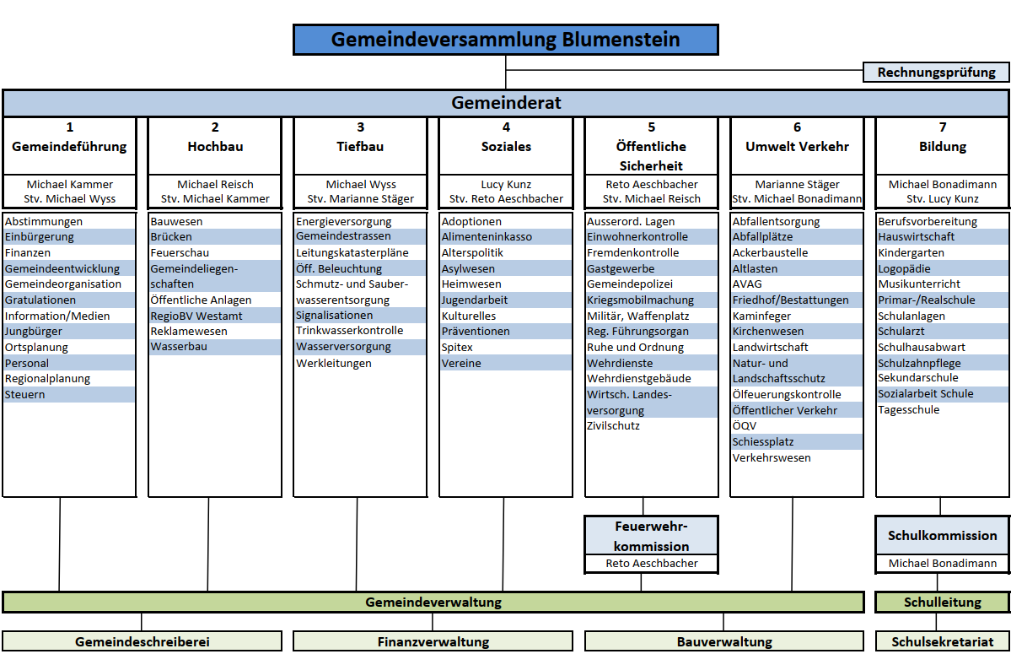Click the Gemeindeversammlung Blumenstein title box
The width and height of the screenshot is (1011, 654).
(x=505, y=40)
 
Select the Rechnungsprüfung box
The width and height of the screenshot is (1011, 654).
(x=936, y=73)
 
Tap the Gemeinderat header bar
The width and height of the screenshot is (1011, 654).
(x=506, y=103)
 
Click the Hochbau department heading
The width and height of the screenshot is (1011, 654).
(x=215, y=146)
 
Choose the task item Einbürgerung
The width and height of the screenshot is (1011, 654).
(x=40, y=237)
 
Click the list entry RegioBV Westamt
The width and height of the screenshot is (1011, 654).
(x=196, y=316)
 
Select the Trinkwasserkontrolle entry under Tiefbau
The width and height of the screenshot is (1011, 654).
(x=350, y=331)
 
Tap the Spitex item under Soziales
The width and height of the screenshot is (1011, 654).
(x=457, y=347)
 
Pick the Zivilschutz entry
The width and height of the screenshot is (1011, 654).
(x=613, y=426)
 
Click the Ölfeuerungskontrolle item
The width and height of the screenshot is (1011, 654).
(x=787, y=394)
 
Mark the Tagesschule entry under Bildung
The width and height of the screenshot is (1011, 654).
(x=909, y=410)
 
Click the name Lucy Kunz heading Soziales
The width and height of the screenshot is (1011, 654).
(x=506, y=184)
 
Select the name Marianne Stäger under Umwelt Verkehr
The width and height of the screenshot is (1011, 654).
(x=798, y=184)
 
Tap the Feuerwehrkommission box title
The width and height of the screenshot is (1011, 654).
(x=652, y=536)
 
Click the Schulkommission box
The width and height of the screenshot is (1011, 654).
(x=942, y=536)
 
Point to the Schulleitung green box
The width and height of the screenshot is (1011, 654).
(x=943, y=603)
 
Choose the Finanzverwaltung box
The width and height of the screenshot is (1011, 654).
(x=433, y=642)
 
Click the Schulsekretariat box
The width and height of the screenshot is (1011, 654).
(x=943, y=642)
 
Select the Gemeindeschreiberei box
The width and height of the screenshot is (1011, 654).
(x=143, y=642)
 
